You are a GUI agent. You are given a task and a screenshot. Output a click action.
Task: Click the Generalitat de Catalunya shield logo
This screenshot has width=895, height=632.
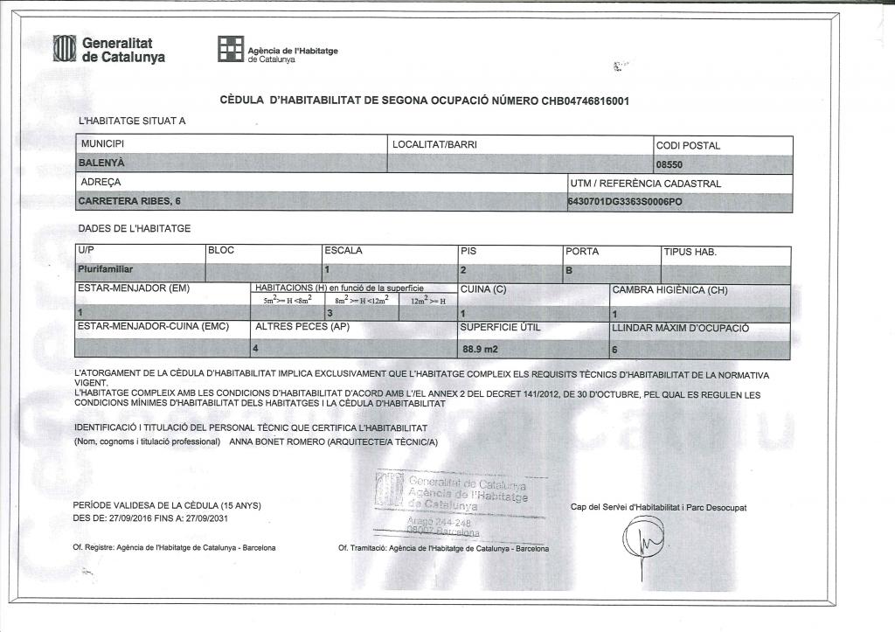pyautogui.click(x=66, y=49)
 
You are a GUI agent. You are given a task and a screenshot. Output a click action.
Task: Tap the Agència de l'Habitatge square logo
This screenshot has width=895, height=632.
pyautogui.click(x=231, y=50)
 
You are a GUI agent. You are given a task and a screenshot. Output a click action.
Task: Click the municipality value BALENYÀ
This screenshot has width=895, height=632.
pyautogui.click(x=101, y=163)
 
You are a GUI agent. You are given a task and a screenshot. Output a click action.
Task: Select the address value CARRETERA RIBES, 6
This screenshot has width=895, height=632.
pyautogui.click(x=130, y=202)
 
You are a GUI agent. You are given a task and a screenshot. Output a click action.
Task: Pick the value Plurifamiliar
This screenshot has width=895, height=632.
pyautogui.click(x=111, y=269)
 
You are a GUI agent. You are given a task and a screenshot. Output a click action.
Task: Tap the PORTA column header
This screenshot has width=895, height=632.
pyautogui.click(x=583, y=252)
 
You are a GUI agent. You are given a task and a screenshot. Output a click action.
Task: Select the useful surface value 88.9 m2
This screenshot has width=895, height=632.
pyautogui.click(x=480, y=349)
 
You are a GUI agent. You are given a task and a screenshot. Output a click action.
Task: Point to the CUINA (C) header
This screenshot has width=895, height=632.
pyautogui.click(x=482, y=289)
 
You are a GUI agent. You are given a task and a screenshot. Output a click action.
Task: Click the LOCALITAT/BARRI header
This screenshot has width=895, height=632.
pyautogui.click(x=434, y=143)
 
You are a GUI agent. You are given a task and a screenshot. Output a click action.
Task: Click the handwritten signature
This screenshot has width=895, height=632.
pyautogui.click(x=643, y=540)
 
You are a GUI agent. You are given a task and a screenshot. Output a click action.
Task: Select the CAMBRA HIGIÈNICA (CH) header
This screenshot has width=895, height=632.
pyautogui.click(x=670, y=289)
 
